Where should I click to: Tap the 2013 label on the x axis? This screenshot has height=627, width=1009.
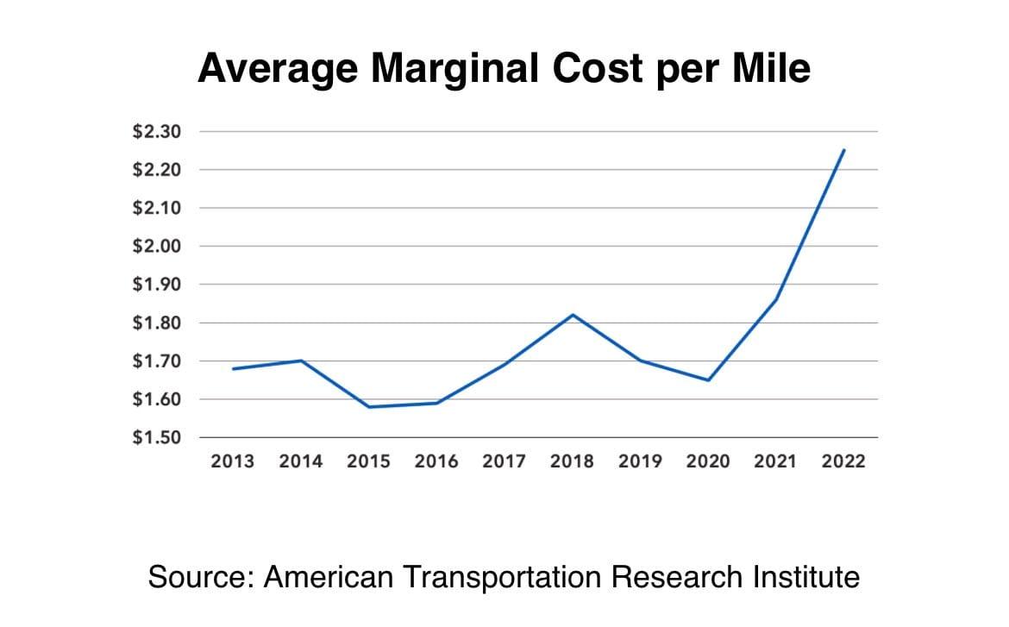point(233,461)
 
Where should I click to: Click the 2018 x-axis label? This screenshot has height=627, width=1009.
point(573,461)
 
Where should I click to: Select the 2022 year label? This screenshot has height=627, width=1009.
point(843,461)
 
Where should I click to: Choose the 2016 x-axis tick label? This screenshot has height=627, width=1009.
point(436,461)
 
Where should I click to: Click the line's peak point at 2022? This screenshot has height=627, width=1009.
point(844,150)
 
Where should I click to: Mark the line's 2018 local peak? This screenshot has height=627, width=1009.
point(573,315)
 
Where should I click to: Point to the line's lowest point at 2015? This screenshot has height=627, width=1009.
point(369,407)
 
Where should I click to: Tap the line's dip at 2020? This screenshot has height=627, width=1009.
point(708,380)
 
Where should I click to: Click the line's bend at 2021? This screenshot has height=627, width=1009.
point(776,299)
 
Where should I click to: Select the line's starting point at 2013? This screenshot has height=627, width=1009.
point(233,369)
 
